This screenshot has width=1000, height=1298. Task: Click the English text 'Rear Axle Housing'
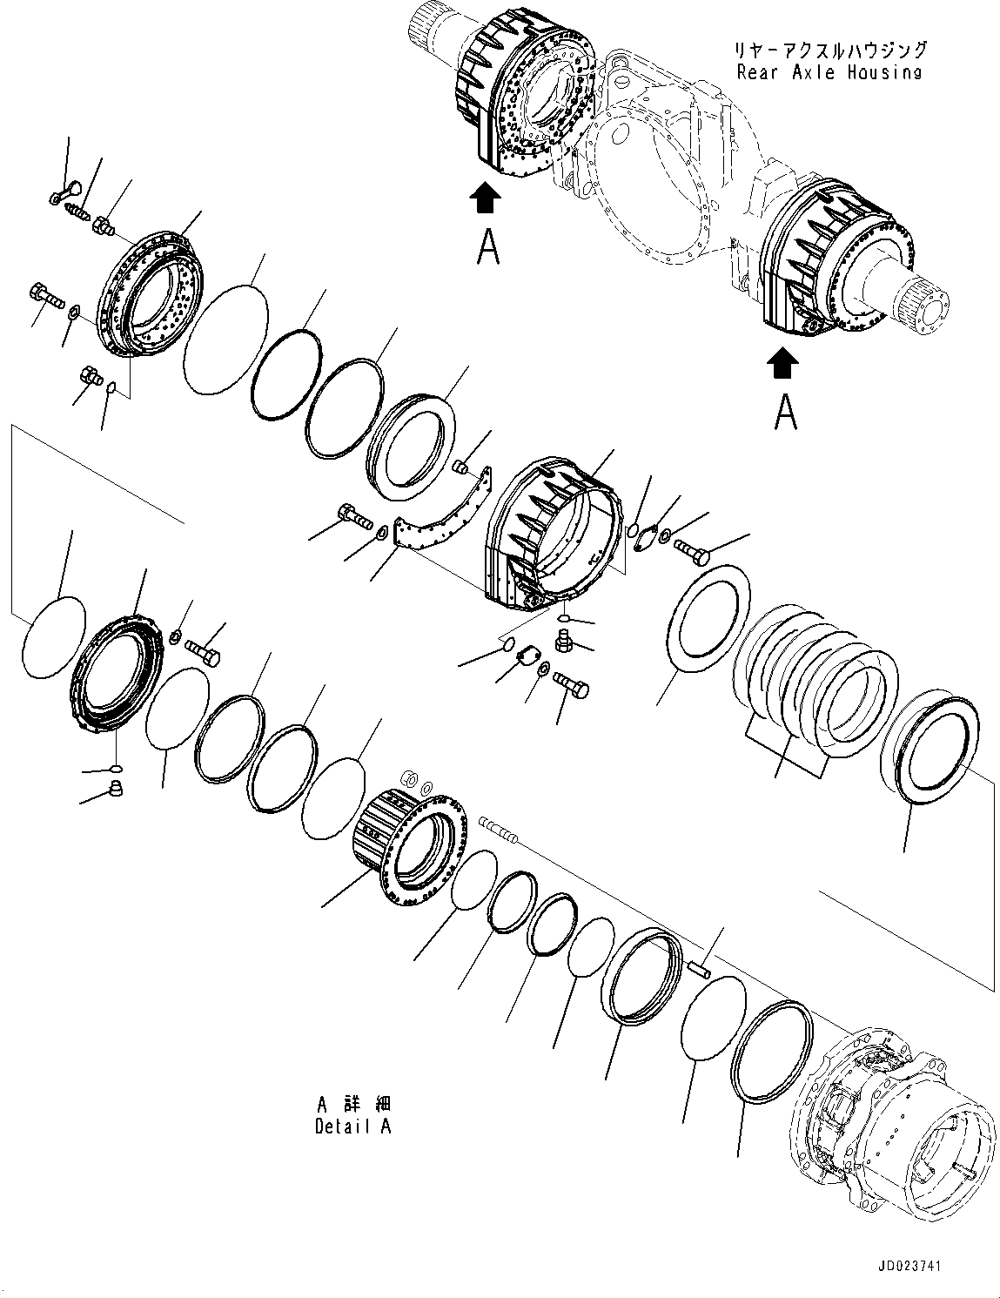pyautogui.click(x=829, y=72)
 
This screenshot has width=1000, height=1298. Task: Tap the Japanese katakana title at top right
pyautogui.click(x=829, y=50)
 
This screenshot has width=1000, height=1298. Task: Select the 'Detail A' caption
pyautogui.click(x=352, y=1127)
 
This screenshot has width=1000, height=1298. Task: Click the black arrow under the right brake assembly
pyautogui.click(x=783, y=364)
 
